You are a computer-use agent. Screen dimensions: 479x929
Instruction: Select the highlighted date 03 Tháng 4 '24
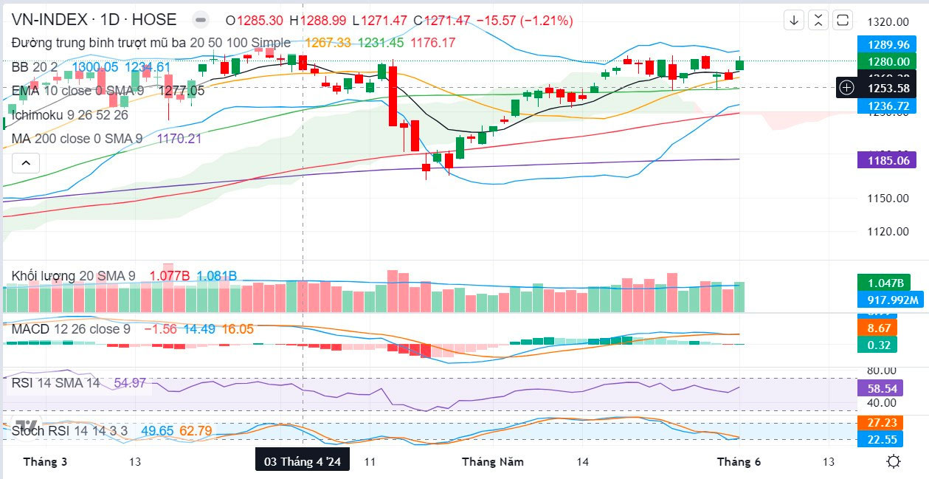303,462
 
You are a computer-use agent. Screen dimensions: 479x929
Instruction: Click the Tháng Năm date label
493,462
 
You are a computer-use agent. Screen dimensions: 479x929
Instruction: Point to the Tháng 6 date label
739,462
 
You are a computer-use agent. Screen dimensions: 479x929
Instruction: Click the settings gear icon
894,462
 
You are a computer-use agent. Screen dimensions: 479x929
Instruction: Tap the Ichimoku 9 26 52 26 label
69,115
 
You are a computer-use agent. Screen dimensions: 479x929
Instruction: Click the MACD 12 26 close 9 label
71,329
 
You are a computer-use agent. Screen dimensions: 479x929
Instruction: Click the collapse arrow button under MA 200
25,162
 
